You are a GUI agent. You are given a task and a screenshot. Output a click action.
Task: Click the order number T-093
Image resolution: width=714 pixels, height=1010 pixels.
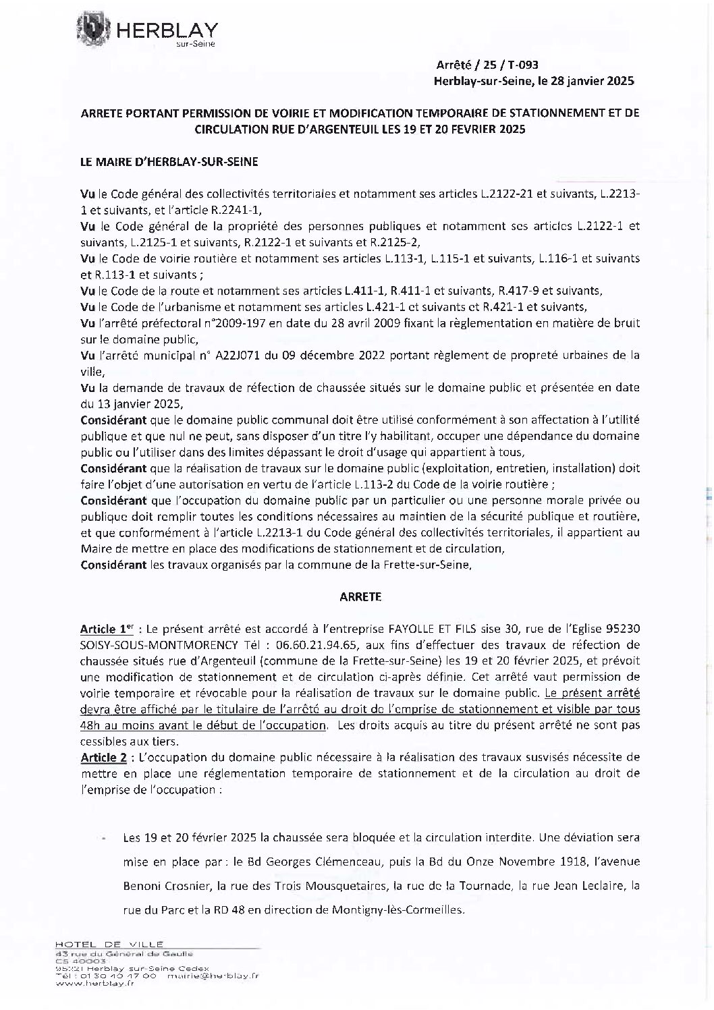click(522, 65)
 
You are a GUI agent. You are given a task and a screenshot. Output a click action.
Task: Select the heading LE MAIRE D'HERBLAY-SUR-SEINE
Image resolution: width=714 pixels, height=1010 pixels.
click(169, 162)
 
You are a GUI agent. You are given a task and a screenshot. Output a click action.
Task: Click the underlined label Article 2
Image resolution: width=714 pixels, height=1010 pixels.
click(103, 758)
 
